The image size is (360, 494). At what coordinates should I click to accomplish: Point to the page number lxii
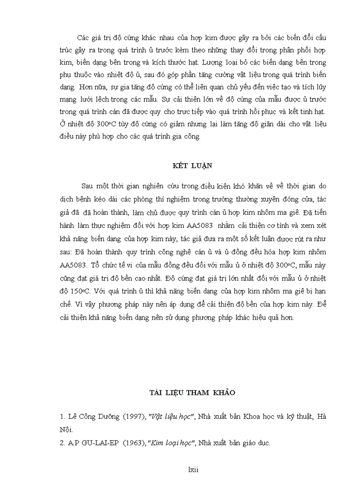tap(193, 469)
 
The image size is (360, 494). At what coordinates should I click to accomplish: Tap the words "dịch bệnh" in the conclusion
tap(74, 198)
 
